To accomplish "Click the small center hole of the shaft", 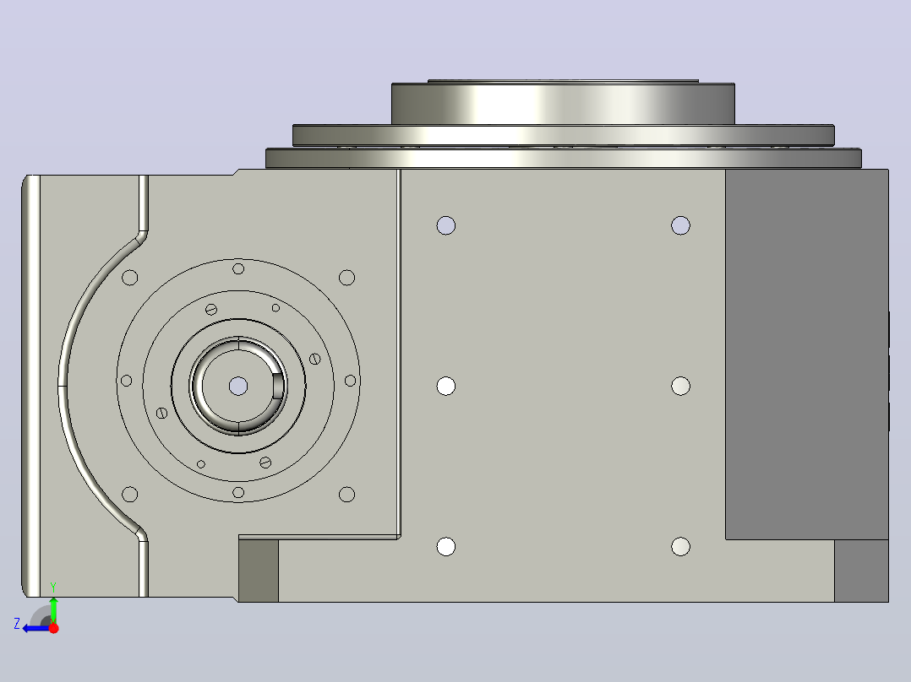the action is [x=238, y=386].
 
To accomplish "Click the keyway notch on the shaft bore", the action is [x=279, y=386].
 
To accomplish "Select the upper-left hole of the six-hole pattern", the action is [x=446, y=225].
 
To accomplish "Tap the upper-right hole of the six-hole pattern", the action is [x=680, y=225].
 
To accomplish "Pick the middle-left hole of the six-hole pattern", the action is [x=446, y=386].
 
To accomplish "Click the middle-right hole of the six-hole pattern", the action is [x=680, y=386].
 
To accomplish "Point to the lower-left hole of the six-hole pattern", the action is [x=446, y=546].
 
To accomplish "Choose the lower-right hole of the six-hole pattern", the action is [x=680, y=546].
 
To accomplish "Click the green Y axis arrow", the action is [x=53, y=609].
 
